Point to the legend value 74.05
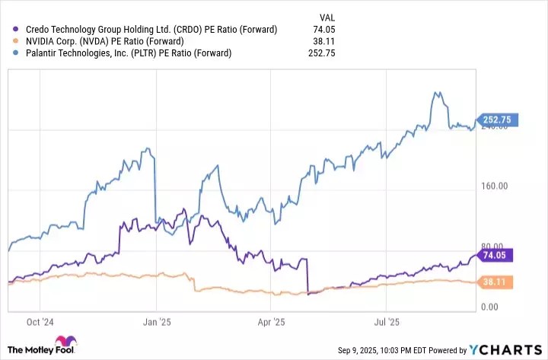(323, 30)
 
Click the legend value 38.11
(323, 41)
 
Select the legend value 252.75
(321, 53)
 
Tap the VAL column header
(326, 16)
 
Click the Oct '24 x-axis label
(40, 322)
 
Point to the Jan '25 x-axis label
(157, 322)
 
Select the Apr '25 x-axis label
(271, 322)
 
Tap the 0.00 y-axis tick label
(501, 307)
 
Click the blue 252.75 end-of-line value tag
(499, 119)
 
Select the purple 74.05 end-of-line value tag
(496, 255)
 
